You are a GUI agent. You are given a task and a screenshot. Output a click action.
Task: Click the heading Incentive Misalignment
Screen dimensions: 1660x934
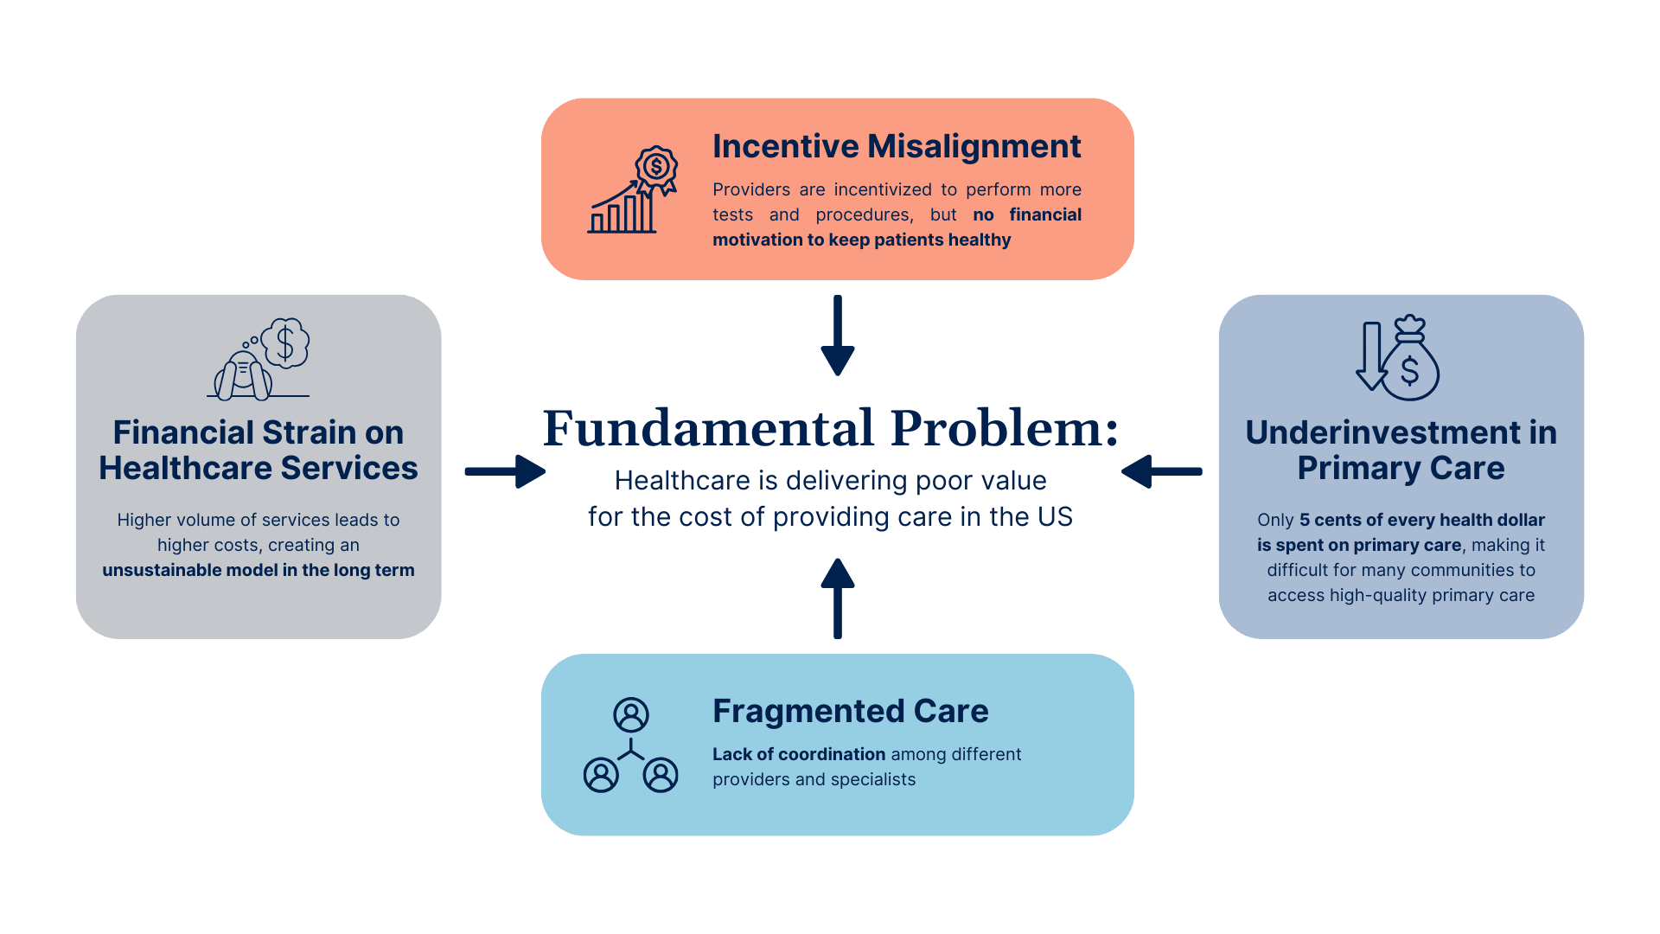897,147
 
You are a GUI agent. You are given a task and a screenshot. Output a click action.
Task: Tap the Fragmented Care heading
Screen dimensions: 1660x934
851,711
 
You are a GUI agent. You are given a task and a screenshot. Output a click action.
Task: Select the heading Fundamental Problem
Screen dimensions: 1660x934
831,428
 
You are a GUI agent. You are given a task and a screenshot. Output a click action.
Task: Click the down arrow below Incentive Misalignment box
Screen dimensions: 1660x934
838,336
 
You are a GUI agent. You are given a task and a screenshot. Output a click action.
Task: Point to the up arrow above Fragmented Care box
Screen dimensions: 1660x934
838,598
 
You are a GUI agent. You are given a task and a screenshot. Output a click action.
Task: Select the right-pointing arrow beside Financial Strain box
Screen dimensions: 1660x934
505,471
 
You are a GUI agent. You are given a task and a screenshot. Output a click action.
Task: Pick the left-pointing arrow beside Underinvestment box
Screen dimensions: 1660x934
1162,471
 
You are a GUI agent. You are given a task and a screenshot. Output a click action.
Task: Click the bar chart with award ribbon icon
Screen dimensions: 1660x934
633,189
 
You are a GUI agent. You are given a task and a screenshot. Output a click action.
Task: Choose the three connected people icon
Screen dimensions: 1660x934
631,745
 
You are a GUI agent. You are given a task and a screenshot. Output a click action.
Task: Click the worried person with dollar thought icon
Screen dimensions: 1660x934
259,359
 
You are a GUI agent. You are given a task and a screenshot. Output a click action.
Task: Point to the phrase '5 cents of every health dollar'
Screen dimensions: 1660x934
1422,520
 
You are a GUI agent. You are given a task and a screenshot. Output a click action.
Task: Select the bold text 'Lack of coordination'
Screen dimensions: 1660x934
799,754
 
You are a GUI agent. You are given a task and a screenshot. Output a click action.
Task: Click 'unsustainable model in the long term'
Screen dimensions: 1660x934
259,570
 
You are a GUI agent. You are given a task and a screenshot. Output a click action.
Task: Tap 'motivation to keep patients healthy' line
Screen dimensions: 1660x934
861,240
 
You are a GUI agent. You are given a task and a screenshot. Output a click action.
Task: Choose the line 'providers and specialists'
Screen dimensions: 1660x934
814,779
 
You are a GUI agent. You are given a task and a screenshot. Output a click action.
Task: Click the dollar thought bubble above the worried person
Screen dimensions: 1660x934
285,342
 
